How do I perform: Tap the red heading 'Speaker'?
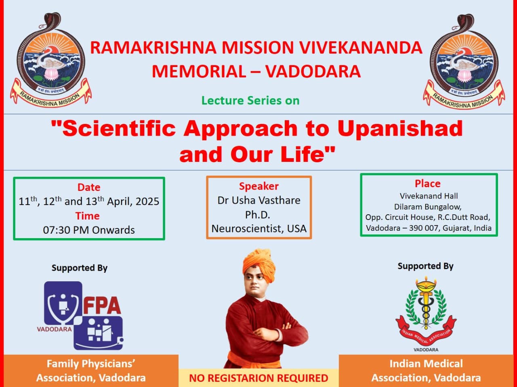click(259, 186)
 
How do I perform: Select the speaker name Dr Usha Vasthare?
click(259, 201)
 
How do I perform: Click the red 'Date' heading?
click(89, 187)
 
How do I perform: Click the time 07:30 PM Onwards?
click(89, 230)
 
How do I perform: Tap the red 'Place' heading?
click(427, 184)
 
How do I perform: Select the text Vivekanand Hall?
click(429, 196)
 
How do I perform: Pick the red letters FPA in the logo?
click(102, 305)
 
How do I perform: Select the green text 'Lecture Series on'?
click(250, 100)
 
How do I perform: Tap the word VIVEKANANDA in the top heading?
click(361, 48)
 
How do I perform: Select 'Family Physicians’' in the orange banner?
click(91, 364)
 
